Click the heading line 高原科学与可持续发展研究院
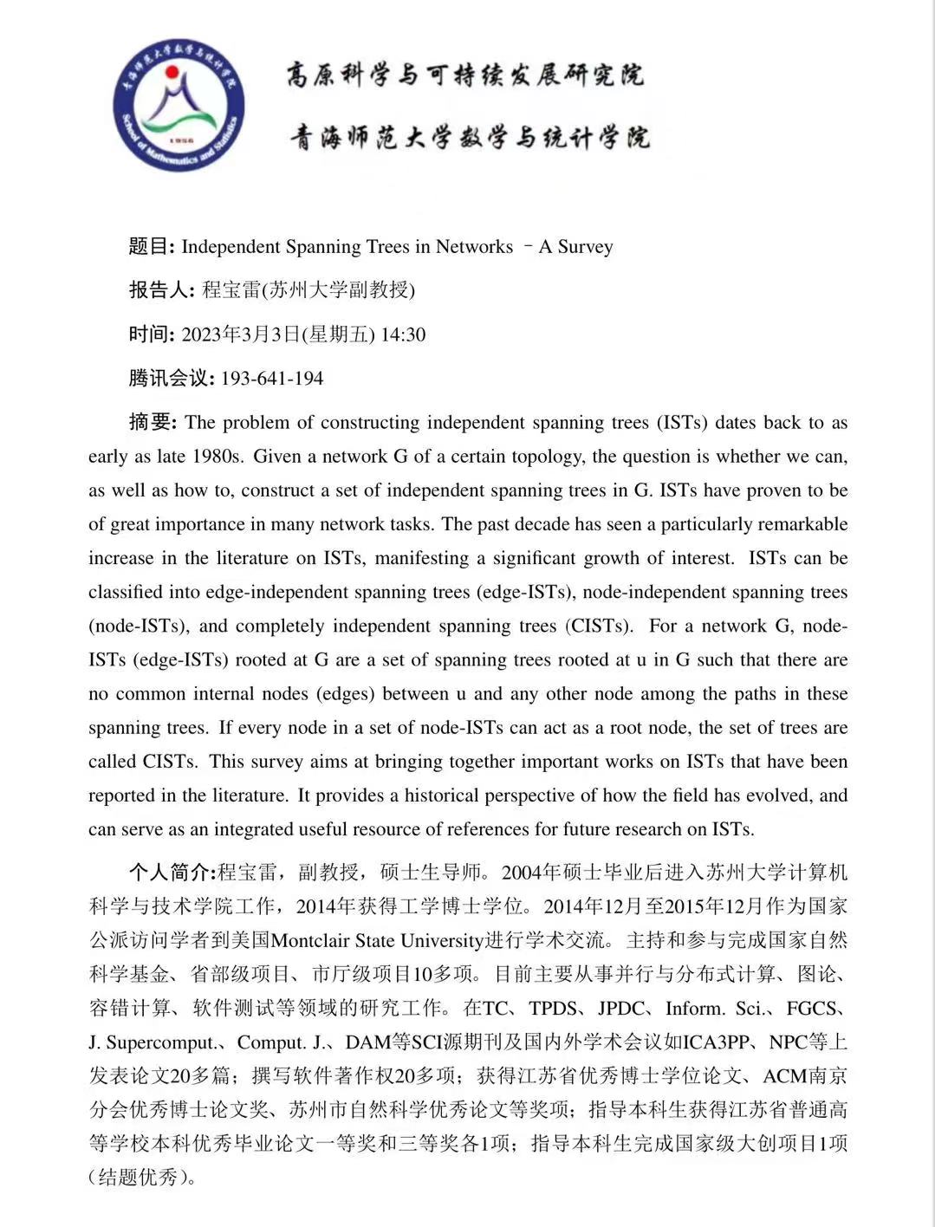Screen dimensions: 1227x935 (x=465, y=75)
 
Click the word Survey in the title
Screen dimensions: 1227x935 (x=585, y=247)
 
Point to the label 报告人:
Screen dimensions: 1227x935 (x=162, y=290)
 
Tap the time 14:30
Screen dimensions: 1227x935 (x=403, y=334)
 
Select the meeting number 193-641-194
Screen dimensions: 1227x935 (x=272, y=379)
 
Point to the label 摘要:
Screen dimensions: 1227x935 (x=153, y=423)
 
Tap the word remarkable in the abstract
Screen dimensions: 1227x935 (x=803, y=524)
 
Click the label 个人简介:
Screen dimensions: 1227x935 (x=172, y=872)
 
